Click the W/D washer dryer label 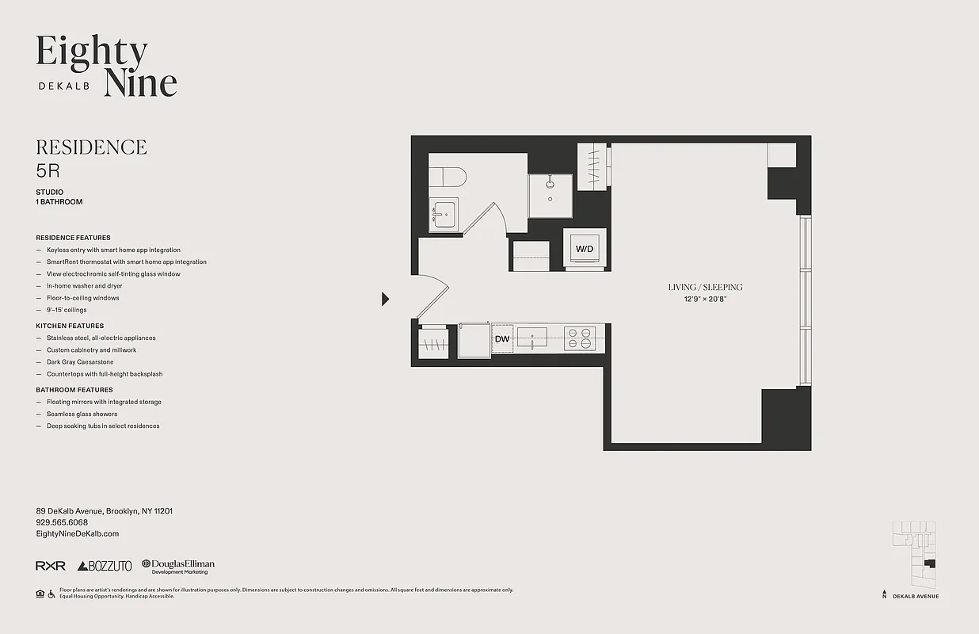(585, 249)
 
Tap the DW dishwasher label (501, 339)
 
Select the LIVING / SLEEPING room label (705, 287)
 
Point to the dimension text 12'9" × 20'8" (705, 300)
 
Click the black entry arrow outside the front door (386, 299)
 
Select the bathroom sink (444, 214)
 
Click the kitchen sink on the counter (532, 338)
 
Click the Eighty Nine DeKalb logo (106, 67)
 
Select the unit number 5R (48, 170)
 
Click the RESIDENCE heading (91, 147)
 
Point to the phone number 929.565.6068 (62, 522)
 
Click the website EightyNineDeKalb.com (77, 534)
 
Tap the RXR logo (50, 566)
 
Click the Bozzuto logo (105, 566)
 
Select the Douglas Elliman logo (178, 566)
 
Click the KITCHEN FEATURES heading (70, 326)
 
